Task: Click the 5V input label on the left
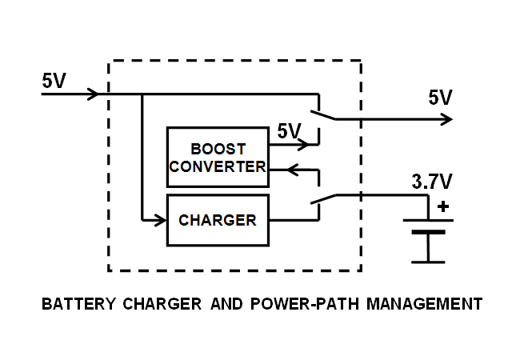pyautogui.click(x=54, y=81)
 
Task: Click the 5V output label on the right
pyautogui.click(x=440, y=98)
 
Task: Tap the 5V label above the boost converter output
pyautogui.click(x=288, y=130)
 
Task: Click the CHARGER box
pyautogui.click(x=218, y=219)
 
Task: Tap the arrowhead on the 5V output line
pyautogui.click(x=447, y=119)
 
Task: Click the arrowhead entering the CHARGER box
pyautogui.click(x=160, y=218)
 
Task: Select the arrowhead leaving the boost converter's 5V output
pyautogui.click(x=303, y=146)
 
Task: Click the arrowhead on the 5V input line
pyautogui.click(x=93, y=94)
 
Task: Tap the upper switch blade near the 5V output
pyautogui.click(x=326, y=113)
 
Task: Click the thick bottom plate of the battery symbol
pyautogui.click(x=428, y=233)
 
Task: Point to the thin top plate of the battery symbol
pyautogui.click(x=428, y=220)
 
